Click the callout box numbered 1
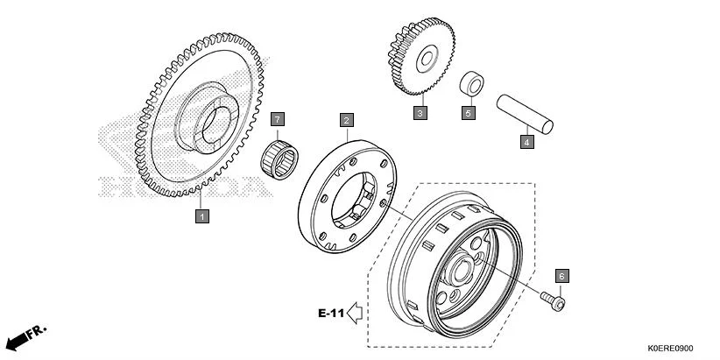(201, 215)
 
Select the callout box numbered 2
(347, 119)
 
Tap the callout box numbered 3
(420, 113)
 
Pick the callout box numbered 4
(526, 140)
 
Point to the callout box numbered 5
(469, 113)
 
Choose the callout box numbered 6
(561, 275)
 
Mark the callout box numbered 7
(278, 118)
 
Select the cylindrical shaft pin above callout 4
(526, 112)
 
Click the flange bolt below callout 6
(554, 301)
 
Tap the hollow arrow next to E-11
(356, 311)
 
